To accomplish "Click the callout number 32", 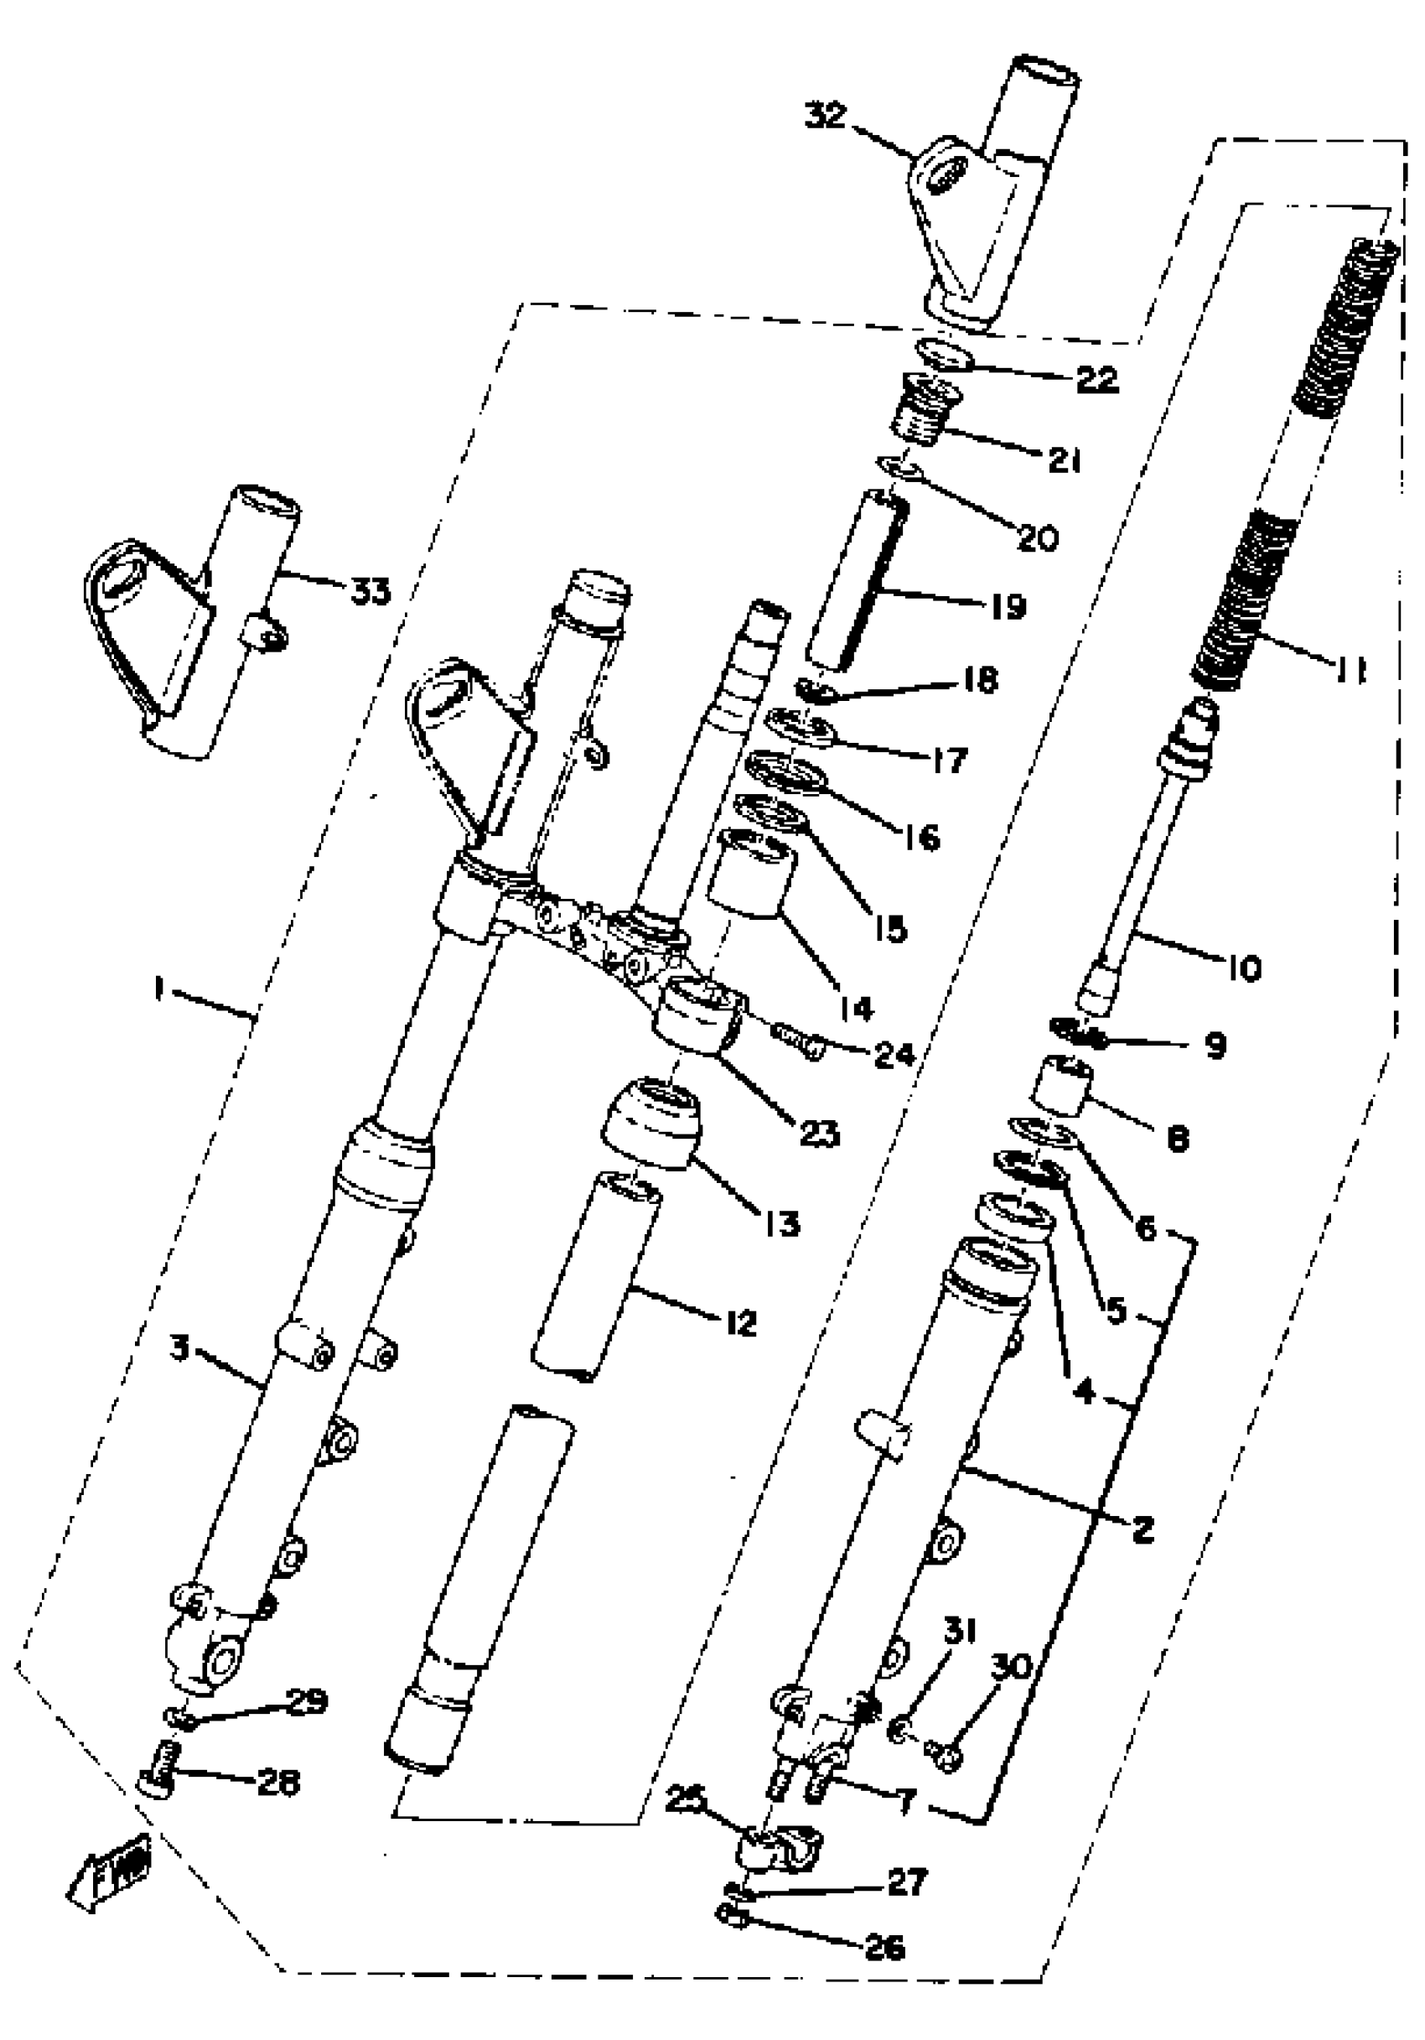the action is (x=826, y=117).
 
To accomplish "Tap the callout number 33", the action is (x=370, y=591).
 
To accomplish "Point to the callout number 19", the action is (x=1007, y=607).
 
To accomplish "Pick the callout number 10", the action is (x=1245, y=968).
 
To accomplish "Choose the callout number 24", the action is (x=894, y=1055).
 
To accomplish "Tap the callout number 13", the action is (x=781, y=1223).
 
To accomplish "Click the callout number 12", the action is (x=739, y=1323).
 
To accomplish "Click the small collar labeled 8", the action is (x=1063, y=1083).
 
